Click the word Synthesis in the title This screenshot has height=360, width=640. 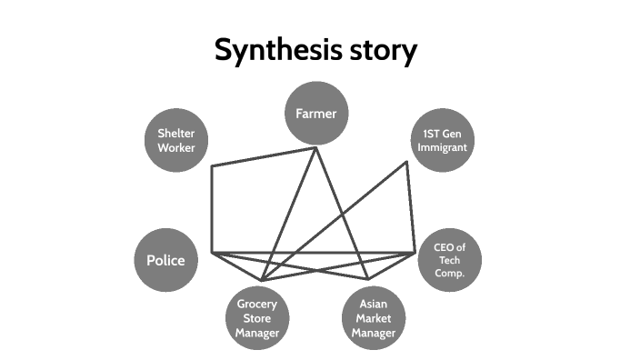[270, 50]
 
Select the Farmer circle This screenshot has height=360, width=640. [316, 114]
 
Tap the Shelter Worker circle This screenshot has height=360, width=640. [176, 141]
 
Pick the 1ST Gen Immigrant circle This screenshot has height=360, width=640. [443, 141]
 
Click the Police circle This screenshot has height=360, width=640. [165, 260]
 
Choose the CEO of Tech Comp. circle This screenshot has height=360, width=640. [449, 260]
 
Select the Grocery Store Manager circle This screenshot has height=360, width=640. [256, 317]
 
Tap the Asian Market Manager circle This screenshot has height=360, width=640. [374, 318]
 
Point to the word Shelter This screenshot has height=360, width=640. [176, 134]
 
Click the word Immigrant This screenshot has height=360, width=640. [443, 147]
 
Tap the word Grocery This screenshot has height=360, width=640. [256, 304]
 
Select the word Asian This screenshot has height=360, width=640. [374, 305]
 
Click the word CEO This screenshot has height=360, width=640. [443, 247]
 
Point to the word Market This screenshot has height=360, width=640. [374, 318]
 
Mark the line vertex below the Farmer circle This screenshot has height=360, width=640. [316, 148]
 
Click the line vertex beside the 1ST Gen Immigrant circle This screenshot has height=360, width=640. [407, 163]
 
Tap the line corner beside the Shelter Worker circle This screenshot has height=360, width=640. [212, 167]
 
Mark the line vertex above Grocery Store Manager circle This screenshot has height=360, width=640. [262, 280]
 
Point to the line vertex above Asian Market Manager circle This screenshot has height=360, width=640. [368, 279]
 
